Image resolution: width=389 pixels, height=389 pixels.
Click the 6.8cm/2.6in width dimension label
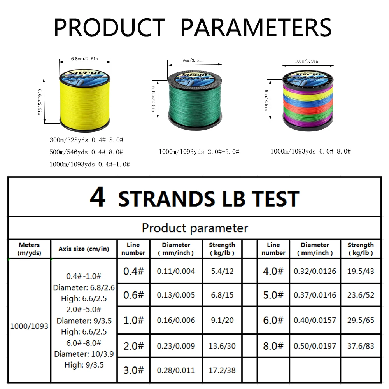[x=84, y=59]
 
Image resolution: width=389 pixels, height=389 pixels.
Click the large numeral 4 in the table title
[x=97, y=198]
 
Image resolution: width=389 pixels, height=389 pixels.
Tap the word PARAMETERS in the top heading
[x=256, y=28]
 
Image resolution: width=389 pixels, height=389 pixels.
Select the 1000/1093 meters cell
[x=29, y=326]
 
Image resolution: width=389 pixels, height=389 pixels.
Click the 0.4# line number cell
[x=133, y=271]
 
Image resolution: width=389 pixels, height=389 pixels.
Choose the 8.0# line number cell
[x=273, y=346]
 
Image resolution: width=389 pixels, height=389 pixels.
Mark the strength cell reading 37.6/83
[x=361, y=346]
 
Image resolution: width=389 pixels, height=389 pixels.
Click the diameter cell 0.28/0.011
[x=176, y=370]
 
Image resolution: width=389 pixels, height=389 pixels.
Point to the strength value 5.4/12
[x=222, y=271]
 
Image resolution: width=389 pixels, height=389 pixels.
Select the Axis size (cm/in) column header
[x=84, y=249]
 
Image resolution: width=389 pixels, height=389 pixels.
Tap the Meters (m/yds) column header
[x=29, y=249]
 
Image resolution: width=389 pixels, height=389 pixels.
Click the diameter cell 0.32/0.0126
[x=315, y=271]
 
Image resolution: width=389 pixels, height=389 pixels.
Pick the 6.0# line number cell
[x=273, y=320]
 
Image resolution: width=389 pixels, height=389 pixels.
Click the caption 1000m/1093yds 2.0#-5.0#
[x=199, y=152]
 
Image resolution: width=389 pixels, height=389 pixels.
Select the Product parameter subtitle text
[x=194, y=228]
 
